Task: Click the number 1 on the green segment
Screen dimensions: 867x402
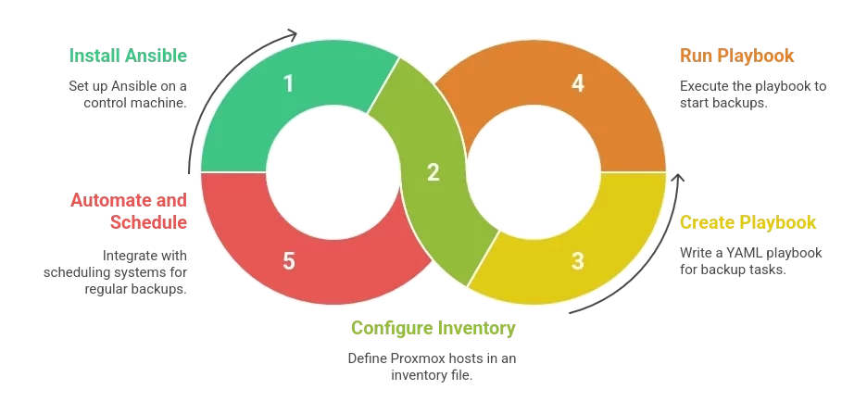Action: tap(288, 83)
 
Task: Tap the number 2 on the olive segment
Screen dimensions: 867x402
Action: tap(433, 172)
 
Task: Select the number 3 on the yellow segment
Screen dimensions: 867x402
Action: tap(577, 261)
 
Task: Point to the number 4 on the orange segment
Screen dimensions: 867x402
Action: tap(578, 83)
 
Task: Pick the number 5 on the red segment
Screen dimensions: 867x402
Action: tap(289, 261)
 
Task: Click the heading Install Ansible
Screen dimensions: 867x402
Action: tap(128, 56)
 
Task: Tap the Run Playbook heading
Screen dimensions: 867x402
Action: tap(736, 56)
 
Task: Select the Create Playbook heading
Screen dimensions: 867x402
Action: tap(748, 222)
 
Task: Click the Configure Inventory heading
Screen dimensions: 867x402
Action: tap(433, 328)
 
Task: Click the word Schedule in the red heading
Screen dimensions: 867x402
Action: tap(148, 222)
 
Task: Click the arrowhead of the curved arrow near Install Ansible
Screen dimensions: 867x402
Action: tap(292, 35)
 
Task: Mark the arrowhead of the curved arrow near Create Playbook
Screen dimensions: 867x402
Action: tap(677, 179)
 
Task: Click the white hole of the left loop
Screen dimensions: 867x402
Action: tap(333, 172)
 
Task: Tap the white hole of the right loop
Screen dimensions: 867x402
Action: tap(534, 172)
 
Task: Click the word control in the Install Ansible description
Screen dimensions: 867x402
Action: tap(104, 103)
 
